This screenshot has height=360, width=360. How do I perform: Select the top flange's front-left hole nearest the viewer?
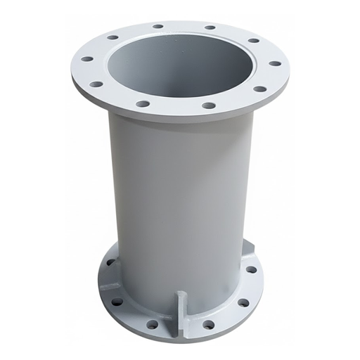(143, 103)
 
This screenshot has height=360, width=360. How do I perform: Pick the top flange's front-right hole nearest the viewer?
(208, 105)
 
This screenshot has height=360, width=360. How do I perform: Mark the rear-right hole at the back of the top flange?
(210, 27)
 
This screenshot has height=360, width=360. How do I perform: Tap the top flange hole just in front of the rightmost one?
(259, 89)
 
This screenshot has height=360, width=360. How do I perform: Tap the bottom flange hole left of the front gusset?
(153, 324)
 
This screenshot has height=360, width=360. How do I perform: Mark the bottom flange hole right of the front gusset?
(208, 324)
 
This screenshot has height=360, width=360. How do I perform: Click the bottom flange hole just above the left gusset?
(110, 262)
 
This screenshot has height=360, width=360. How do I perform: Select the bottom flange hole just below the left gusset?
(117, 302)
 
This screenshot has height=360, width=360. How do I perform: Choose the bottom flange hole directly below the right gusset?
(251, 269)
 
